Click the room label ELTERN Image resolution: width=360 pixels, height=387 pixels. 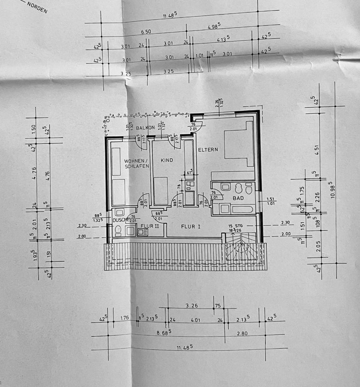[208, 150]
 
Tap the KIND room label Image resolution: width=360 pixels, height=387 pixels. [167, 160]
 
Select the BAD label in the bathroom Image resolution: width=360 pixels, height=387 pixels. [238, 198]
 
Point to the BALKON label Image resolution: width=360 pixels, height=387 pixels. [145, 128]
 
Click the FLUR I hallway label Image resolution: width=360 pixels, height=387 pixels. [190, 227]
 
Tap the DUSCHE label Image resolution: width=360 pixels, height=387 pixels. [120, 220]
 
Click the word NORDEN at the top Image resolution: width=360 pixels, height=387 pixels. [37, 8]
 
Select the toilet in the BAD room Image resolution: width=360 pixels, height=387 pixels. [249, 188]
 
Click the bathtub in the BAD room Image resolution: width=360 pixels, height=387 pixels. [242, 209]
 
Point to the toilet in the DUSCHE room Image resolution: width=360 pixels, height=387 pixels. [118, 230]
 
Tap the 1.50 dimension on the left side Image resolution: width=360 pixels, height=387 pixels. [34, 129]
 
